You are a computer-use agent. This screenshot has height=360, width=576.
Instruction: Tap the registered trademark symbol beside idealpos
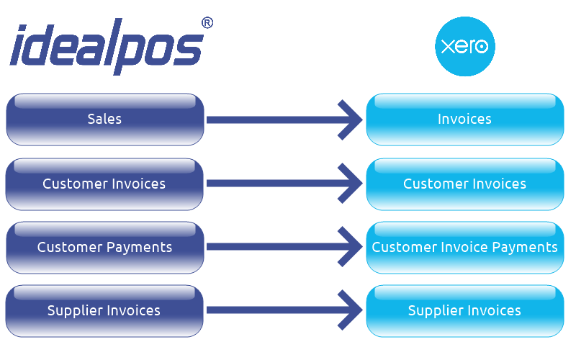tap(207, 23)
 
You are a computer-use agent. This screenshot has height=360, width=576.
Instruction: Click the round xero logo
tap(464, 47)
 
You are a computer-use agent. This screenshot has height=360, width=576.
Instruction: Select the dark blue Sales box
tap(105, 120)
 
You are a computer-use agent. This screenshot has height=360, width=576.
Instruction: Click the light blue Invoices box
tap(464, 120)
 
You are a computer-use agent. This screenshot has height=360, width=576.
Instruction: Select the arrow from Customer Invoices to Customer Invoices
tap(281, 184)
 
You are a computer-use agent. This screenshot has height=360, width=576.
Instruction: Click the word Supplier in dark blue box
tap(75, 310)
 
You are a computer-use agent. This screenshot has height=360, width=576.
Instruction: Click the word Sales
tap(105, 120)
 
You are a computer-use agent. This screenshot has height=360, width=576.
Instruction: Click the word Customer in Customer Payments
tap(69, 247)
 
